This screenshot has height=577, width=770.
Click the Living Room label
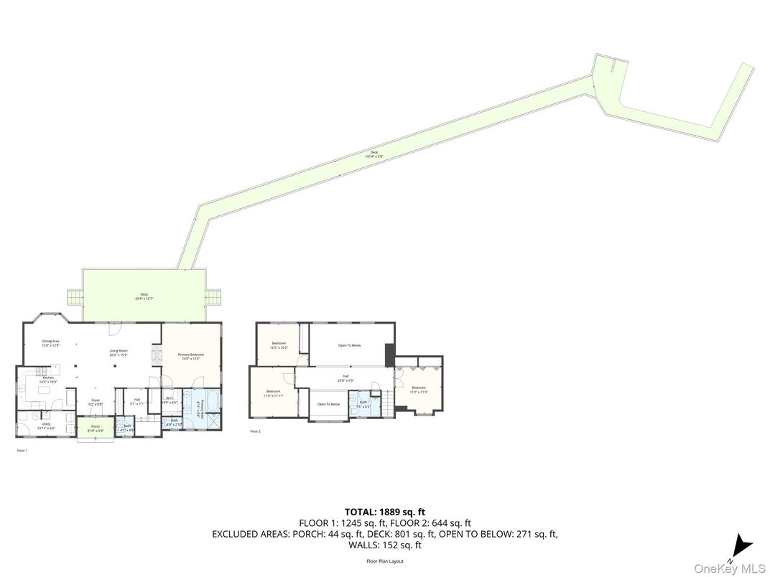[119, 352]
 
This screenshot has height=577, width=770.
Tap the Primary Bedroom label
[191, 355]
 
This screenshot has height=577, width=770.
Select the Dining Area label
[50, 342]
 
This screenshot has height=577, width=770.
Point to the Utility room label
[46, 424]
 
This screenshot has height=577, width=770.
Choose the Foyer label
[96, 401]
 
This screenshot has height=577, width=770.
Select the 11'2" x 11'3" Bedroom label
[419, 389]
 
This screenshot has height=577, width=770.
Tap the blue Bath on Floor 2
[364, 404]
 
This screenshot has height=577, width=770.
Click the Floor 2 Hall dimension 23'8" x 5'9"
[345, 379]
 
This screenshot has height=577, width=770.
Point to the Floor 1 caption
[22, 451]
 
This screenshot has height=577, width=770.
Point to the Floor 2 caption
[255, 431]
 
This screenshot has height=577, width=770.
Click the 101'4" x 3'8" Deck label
[374, 154]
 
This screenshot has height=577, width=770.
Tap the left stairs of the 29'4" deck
[75, 296]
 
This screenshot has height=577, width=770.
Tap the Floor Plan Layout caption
[385, 561]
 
